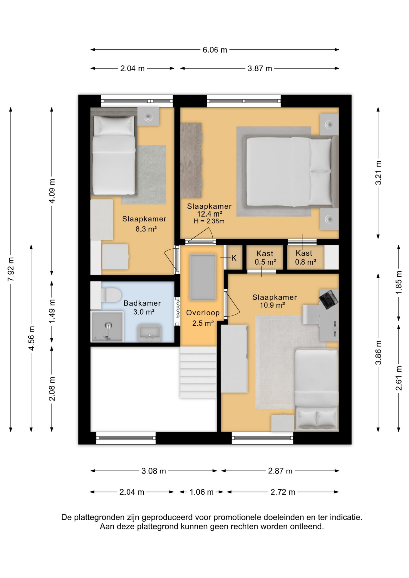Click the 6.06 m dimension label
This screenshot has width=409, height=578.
[x=215, y=50]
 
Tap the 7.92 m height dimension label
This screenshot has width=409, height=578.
[x=11, y=269]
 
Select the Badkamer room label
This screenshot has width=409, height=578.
[x=142, y=303]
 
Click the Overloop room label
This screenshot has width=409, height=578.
[x=203, y=312]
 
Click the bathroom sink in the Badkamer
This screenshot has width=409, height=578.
[x=149, y=333]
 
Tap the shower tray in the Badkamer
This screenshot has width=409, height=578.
[x=107, y=327]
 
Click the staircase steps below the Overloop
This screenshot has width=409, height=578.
[x=198, y=372]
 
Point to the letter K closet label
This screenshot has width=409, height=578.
[x=234, y=258]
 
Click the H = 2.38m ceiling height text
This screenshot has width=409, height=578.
[x=209, y=221]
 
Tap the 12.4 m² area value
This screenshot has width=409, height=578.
[x=210, y=214]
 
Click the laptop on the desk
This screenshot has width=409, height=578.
[x=329, y=299]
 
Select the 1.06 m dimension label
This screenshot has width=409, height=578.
[x=201, y=492]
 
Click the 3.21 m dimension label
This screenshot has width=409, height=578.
[x=379, y=173]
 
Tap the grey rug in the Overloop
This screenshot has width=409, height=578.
[x=203, y=277]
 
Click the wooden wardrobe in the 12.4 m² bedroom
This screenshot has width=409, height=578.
[x=191, y=160]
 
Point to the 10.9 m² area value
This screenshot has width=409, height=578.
[x=273, y=305]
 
